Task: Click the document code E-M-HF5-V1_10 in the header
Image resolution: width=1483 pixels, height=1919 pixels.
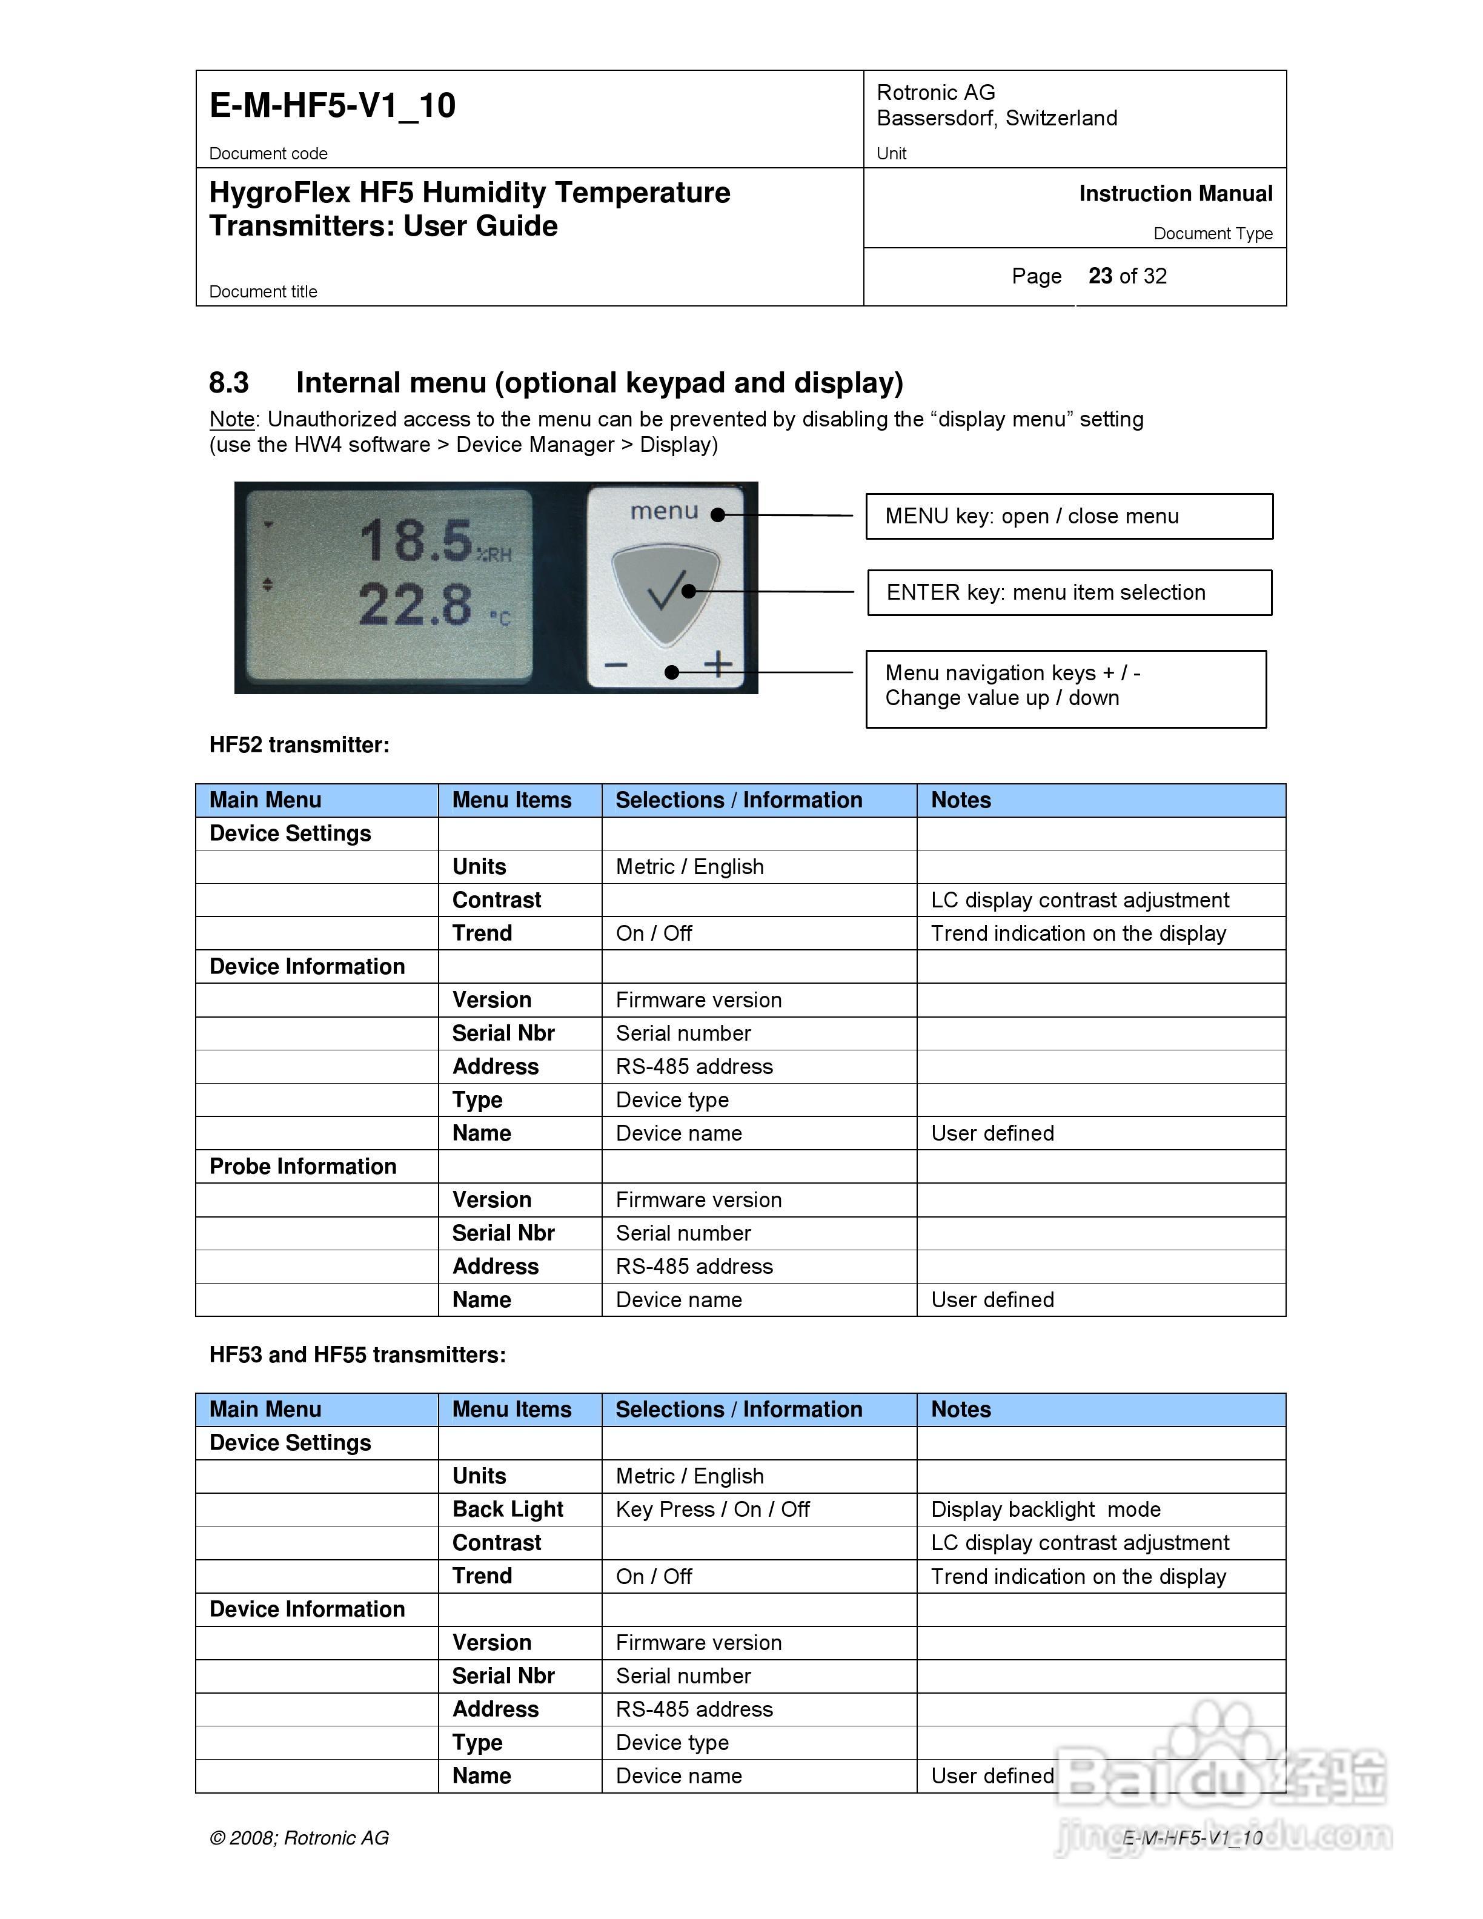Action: point(332,105)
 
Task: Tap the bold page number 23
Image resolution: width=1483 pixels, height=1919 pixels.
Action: point(1100,276)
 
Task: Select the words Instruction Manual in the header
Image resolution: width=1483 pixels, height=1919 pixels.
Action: point(1175,193)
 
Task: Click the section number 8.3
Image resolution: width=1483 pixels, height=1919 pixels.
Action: point(228,383)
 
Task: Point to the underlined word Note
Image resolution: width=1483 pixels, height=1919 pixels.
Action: point(232,419)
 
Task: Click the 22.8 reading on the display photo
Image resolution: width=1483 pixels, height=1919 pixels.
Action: point(415,605)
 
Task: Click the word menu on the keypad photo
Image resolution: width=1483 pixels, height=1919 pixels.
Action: point(664,511)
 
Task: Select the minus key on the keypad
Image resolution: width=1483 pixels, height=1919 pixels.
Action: point(616,665)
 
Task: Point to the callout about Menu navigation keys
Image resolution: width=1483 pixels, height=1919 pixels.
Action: point(1065,688)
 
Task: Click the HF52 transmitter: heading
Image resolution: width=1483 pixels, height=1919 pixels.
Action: point(299,745)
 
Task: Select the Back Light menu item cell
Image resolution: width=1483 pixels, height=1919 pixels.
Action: point(508,1510)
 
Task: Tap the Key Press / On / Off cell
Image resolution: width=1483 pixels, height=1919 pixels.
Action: point(712,1510)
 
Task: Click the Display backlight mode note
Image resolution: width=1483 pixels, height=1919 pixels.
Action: point(1046,1510)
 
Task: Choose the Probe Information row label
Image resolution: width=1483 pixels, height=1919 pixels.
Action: point(303,1166)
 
